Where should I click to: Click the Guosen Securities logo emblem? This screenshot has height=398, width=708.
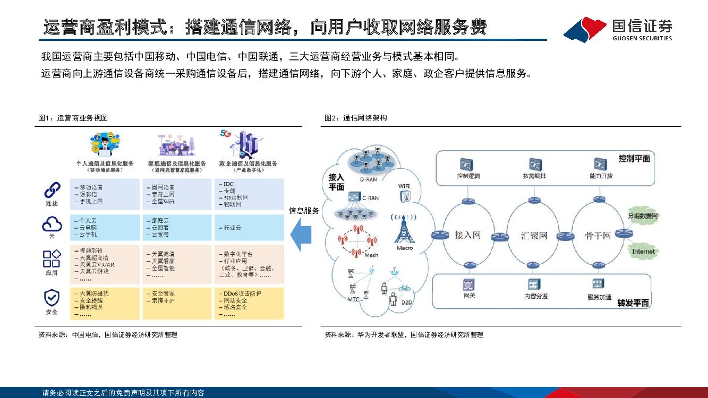point(585,29)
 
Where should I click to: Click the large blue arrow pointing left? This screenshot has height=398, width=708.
point(301,234)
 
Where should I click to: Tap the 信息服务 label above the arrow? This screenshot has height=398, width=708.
point(304,211)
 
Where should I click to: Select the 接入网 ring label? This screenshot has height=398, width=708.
point(468,235)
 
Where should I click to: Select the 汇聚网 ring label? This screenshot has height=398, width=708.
point(534,235)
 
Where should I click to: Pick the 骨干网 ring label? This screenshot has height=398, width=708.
point(598,235)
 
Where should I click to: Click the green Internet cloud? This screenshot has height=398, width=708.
point(643,251)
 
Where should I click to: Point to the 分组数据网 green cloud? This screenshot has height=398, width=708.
point(643,217)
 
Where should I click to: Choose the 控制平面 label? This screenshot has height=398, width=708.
point(634,159)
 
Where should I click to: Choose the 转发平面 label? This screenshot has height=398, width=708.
point(633,303)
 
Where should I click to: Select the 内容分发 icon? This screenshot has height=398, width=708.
point(533,284)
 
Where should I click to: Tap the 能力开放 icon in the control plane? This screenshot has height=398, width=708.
point(601,163)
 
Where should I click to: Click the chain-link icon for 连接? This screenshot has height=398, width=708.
point(52,190)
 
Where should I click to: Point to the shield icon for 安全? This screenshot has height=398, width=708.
point(52,298)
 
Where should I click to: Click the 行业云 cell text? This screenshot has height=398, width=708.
point(231,227)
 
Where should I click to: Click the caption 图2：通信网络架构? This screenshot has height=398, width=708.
point(355,118)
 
